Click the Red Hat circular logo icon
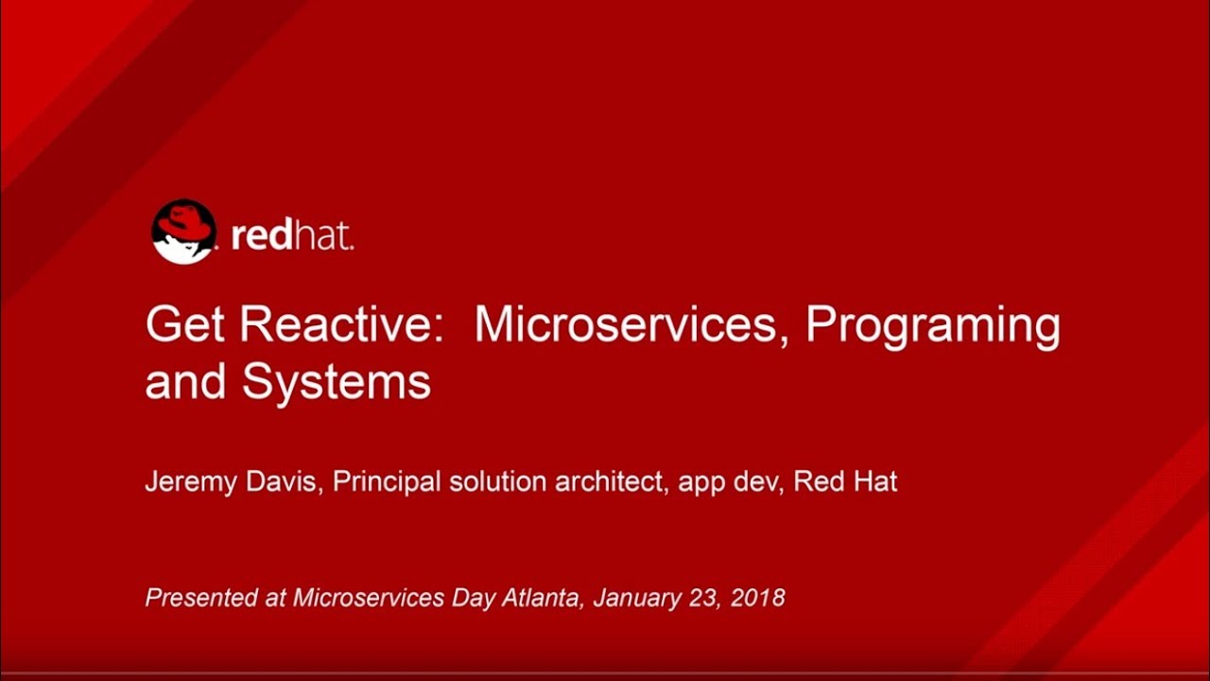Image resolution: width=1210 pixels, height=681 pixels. click(x=183, y=232)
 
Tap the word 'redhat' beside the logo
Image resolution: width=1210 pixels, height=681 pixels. click(x=292, y=236)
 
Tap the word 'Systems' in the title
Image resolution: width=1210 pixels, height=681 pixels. click(x=337, y=383)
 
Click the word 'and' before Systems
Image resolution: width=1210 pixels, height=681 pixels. click(x=185, y=383)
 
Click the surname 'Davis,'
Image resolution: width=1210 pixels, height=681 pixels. click(x=283, y=482)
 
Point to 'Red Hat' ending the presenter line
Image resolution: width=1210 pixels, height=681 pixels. click(x=845, y=481)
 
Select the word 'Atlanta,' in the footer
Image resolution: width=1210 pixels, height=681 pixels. click(x=546, y=598)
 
